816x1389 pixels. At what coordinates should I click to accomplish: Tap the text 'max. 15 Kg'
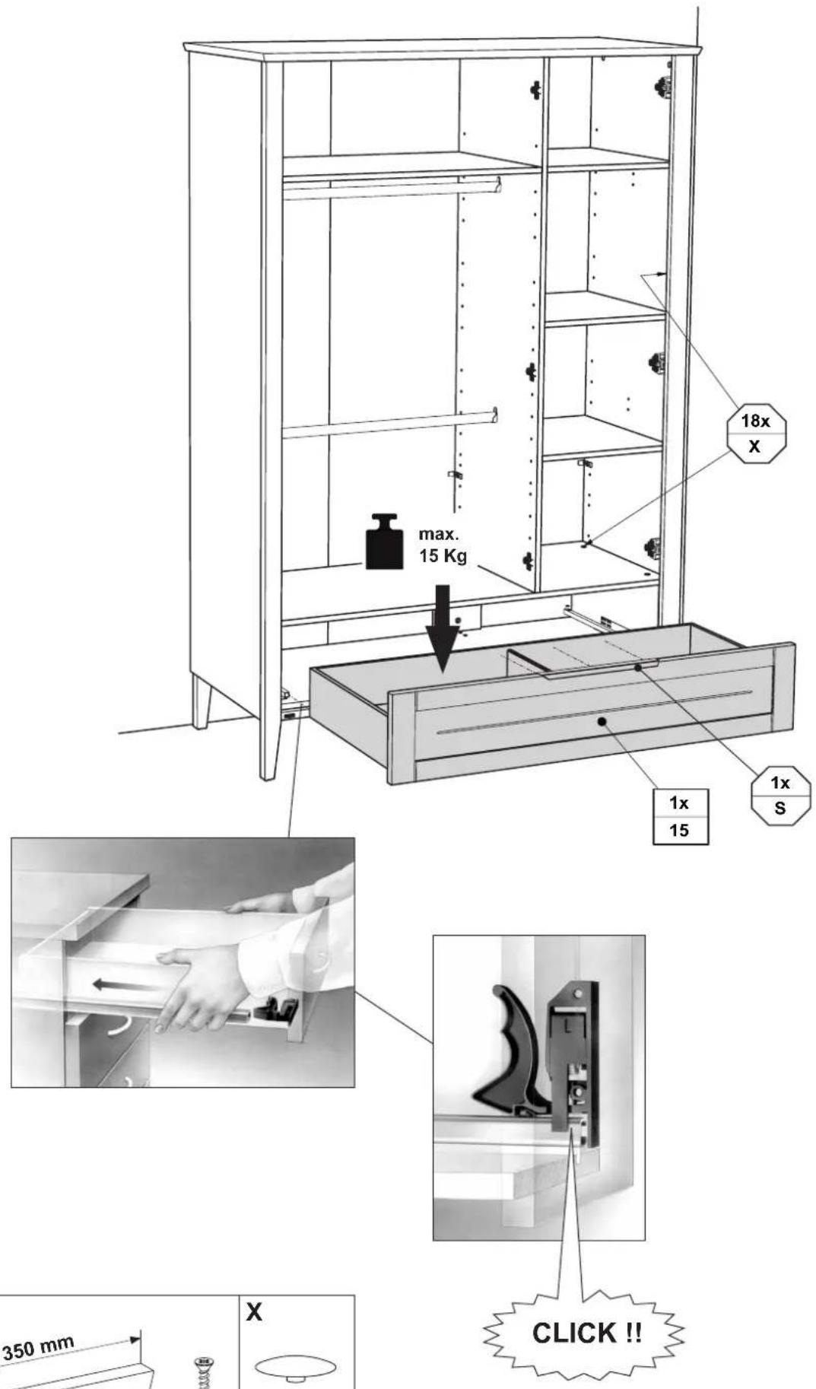click(443, 545)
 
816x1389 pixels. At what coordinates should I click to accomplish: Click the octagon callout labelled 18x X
click(755, 434)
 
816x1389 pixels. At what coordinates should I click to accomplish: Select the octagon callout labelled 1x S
click(780, 796)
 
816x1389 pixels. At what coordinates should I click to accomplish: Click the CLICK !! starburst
click(586, 1333)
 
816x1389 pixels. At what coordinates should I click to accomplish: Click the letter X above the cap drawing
click(254, 1311)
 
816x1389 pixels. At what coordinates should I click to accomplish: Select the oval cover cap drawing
click(296, 1368)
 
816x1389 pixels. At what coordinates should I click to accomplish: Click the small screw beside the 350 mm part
click(204, 1372)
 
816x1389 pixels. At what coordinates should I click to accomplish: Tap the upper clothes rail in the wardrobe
click(391, 187)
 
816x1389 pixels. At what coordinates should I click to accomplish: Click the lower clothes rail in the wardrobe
click(389, 424)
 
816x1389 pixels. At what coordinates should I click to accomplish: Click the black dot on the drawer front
click(602, 721)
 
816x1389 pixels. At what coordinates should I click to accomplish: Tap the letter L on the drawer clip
click(567, 1025)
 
